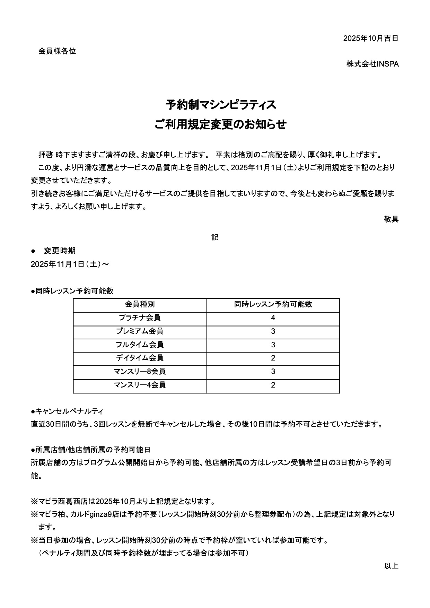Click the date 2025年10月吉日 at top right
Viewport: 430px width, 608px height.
(x=370, y=38)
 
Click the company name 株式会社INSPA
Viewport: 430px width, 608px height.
(x=372, y=64)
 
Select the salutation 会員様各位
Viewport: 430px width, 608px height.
(x=57, y=51)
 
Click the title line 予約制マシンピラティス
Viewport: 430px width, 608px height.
(x=221, y=105)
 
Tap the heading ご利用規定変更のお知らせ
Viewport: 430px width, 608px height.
(x=221, y=124)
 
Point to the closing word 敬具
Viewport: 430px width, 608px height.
(x=391, y=219)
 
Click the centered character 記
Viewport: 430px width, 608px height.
(x=215, y=237)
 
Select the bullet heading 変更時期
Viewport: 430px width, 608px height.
(x=60, y=251)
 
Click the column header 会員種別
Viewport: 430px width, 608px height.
(x=140, y=304)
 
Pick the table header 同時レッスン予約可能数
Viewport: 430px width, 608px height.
(x=273, y=304)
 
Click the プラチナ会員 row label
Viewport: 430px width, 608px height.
(x=140, y=318)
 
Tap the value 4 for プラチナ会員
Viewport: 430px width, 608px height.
(x=273, y=318)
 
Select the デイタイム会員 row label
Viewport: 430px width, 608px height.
(x=140, y=358)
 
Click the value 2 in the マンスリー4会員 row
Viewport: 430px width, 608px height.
(x=273, y=385)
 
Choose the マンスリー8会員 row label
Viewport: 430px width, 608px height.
(x=140, y=372)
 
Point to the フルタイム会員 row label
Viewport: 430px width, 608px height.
(x=140, y=345)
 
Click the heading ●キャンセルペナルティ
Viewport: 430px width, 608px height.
(x=67, y=411)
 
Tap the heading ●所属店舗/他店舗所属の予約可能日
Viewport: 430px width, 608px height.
(x=90, y=450)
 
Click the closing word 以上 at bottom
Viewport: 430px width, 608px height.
(x=391, y=566)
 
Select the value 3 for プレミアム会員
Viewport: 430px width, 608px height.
(x=273, y=331)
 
